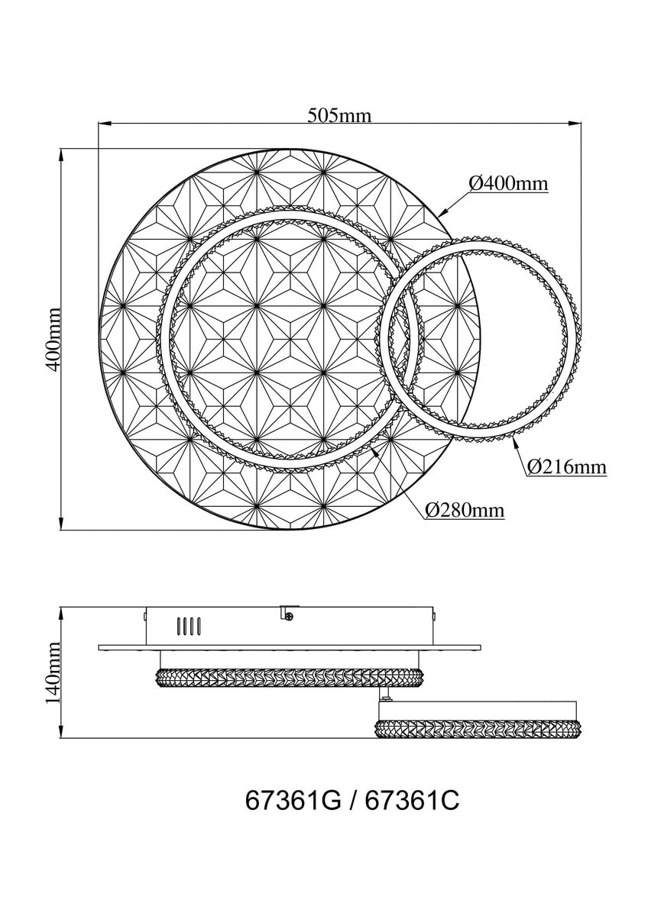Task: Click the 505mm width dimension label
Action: coord(339,116)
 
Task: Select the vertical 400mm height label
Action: coord(53,340)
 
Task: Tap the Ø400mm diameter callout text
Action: coord(508,184)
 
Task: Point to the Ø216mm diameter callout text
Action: coord(566,466)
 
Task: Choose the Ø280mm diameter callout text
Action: coord(464,510)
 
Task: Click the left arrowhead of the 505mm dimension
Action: coord(105,122)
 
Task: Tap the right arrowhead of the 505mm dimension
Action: coord(575,122)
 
